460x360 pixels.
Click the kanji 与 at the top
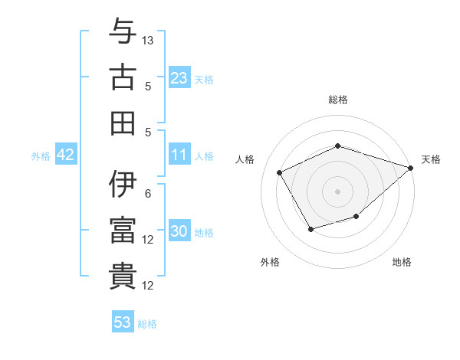123,31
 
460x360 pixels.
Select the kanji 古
123,77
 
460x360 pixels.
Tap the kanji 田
123,123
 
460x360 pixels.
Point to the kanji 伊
123,185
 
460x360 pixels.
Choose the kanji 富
123,231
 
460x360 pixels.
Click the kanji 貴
123,276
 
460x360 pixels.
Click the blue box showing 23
179,77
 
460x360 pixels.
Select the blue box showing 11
179,155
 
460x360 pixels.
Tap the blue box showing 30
179,231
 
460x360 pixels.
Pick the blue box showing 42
66,155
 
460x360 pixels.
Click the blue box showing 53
123,322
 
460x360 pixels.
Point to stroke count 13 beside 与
148,40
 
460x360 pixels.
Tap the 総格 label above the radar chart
337,100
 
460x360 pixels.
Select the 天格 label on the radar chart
431,159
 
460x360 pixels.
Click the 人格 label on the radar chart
245,159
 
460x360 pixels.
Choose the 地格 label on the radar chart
402,262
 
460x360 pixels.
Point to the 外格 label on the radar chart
270,262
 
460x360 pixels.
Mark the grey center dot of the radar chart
337,191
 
